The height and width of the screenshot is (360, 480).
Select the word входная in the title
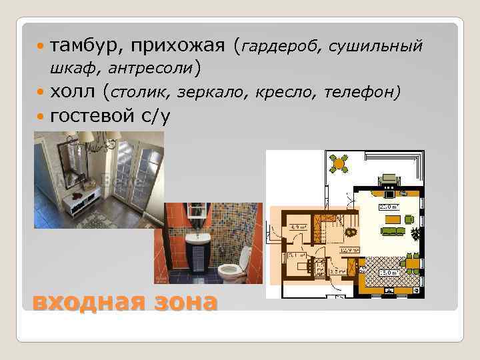click(x=85, y=301)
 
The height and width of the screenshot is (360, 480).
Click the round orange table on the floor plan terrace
click(x=340, y=161)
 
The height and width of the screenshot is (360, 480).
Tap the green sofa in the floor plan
click(x=392, y=231)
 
